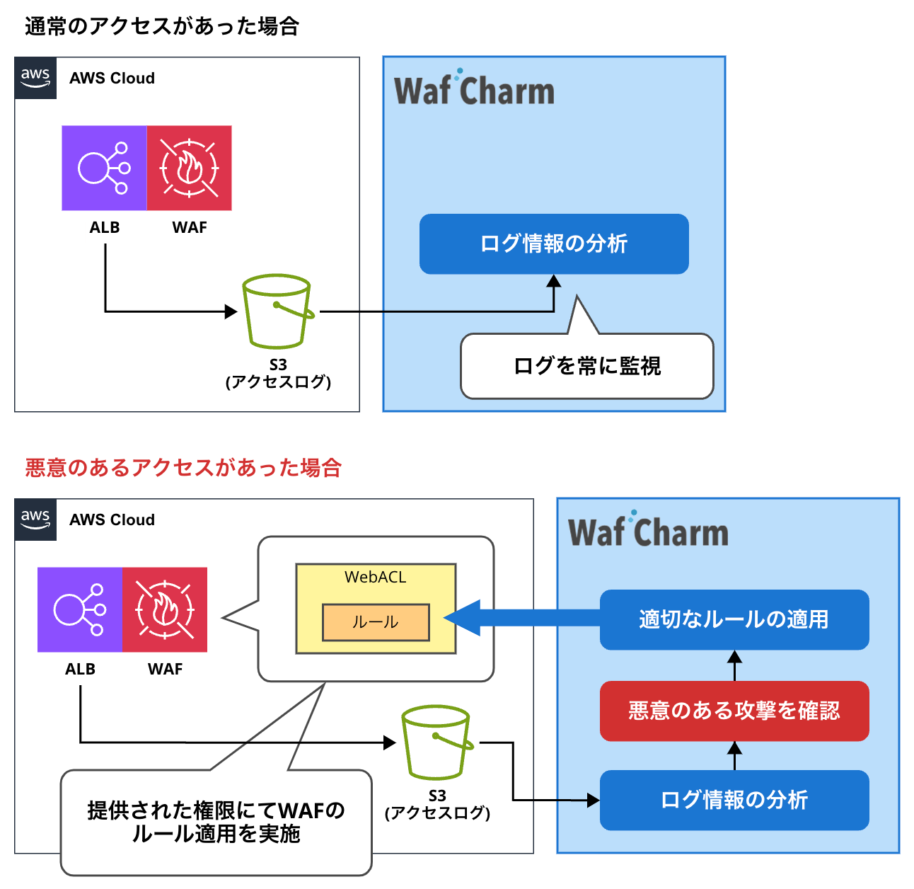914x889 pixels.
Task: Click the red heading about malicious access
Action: (x=183, y=467)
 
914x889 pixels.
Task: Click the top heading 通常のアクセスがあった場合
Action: (x=162, y=26)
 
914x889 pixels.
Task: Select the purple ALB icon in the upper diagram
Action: (x=104, y=168)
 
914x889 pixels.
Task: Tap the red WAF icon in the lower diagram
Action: (x=165, y=609)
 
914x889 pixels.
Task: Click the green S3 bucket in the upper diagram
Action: (x=277, y=311)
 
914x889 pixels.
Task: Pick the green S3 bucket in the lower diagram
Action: (x=436, y=742)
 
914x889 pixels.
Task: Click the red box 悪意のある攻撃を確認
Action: (x=734, y=711)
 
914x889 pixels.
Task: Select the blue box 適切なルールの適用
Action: (x=734, y=619)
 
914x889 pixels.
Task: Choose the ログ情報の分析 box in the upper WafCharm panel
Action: (x=553, y=243)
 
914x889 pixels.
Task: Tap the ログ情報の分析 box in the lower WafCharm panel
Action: (x=734, y=800)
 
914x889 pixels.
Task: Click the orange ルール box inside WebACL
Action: (x=376, y=622)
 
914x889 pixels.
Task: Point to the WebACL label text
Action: (x=376, y=577)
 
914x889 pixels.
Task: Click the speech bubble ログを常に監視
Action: (x=586, y=366)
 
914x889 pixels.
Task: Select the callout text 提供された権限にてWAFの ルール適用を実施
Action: (x=216, y=822)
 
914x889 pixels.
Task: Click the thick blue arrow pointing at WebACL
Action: (x=523, y=618)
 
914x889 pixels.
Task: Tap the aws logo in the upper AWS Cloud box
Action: (x=35, y=78)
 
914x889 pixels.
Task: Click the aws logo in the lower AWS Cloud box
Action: (x=35, y=520)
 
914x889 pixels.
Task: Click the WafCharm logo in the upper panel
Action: (x=473, y=89)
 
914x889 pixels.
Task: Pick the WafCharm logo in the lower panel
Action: (x=647, y=531)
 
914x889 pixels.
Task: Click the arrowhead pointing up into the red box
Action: (x=734, y=747)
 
